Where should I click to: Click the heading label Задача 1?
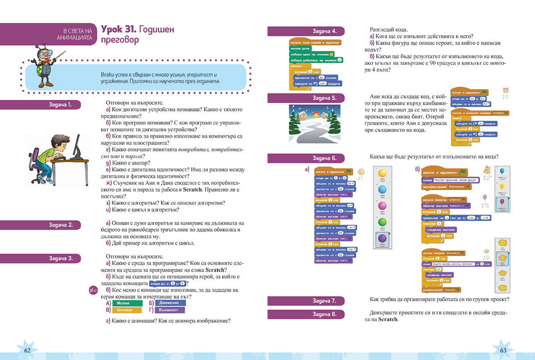61,105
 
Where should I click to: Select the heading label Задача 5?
325,98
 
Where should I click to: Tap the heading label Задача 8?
325,314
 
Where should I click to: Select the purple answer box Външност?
170,310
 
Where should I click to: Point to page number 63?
504,350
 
